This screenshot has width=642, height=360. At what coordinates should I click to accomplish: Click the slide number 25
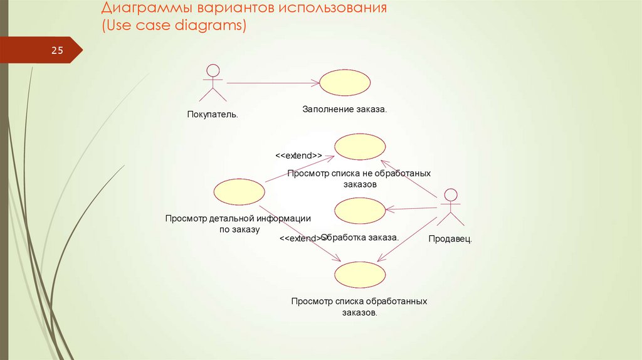pyautogui.click(x=57, y=51)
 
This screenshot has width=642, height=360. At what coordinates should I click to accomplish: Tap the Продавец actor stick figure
pyautogui.click(x=449, y=207)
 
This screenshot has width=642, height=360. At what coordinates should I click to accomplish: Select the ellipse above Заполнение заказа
pyautogui.click(x=345, y=82)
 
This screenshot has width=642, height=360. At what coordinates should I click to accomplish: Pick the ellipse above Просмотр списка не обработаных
pyautogui.click(x=360, y=147)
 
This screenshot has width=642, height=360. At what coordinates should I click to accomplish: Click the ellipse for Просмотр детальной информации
pyautogui.click(x=239, y=191)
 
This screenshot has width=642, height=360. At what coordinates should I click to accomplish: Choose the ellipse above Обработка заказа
pyautogui.click(x=360, y=211)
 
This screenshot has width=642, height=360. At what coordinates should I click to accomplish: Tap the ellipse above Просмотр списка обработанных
pyautogui.click(x=360, y=275)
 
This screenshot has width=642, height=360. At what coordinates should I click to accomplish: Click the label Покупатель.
pyautogui.click(x=213, y=115)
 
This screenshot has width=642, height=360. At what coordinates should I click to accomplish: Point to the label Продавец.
pyautogui.click(x=450, y=239)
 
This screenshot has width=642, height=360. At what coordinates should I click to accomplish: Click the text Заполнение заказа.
pyautogui.click(x=345, y=109)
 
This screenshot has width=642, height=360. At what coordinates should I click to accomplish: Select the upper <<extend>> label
pyautogui.click(x=298, y=155)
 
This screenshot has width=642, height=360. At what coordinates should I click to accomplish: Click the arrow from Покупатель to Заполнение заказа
pyautogui.click(x=273, y=83)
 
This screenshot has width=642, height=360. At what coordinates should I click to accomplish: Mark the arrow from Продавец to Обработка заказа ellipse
pyautogui.click(x=411, y=208)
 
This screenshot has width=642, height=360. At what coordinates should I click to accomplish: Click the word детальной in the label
pyautogui.click(x=231, y=218)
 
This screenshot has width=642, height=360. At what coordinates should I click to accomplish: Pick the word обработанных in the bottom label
pyautogui.click(x=397, y=301)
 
